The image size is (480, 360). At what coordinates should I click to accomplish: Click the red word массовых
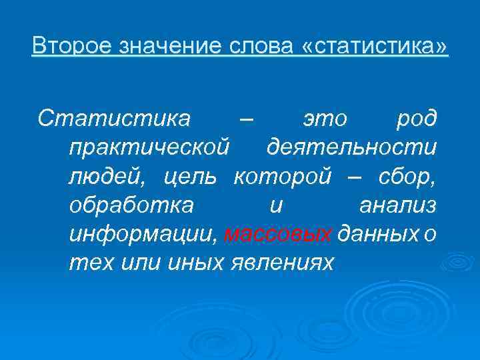[279, 234]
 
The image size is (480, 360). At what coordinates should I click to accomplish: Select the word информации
[143, 234]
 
